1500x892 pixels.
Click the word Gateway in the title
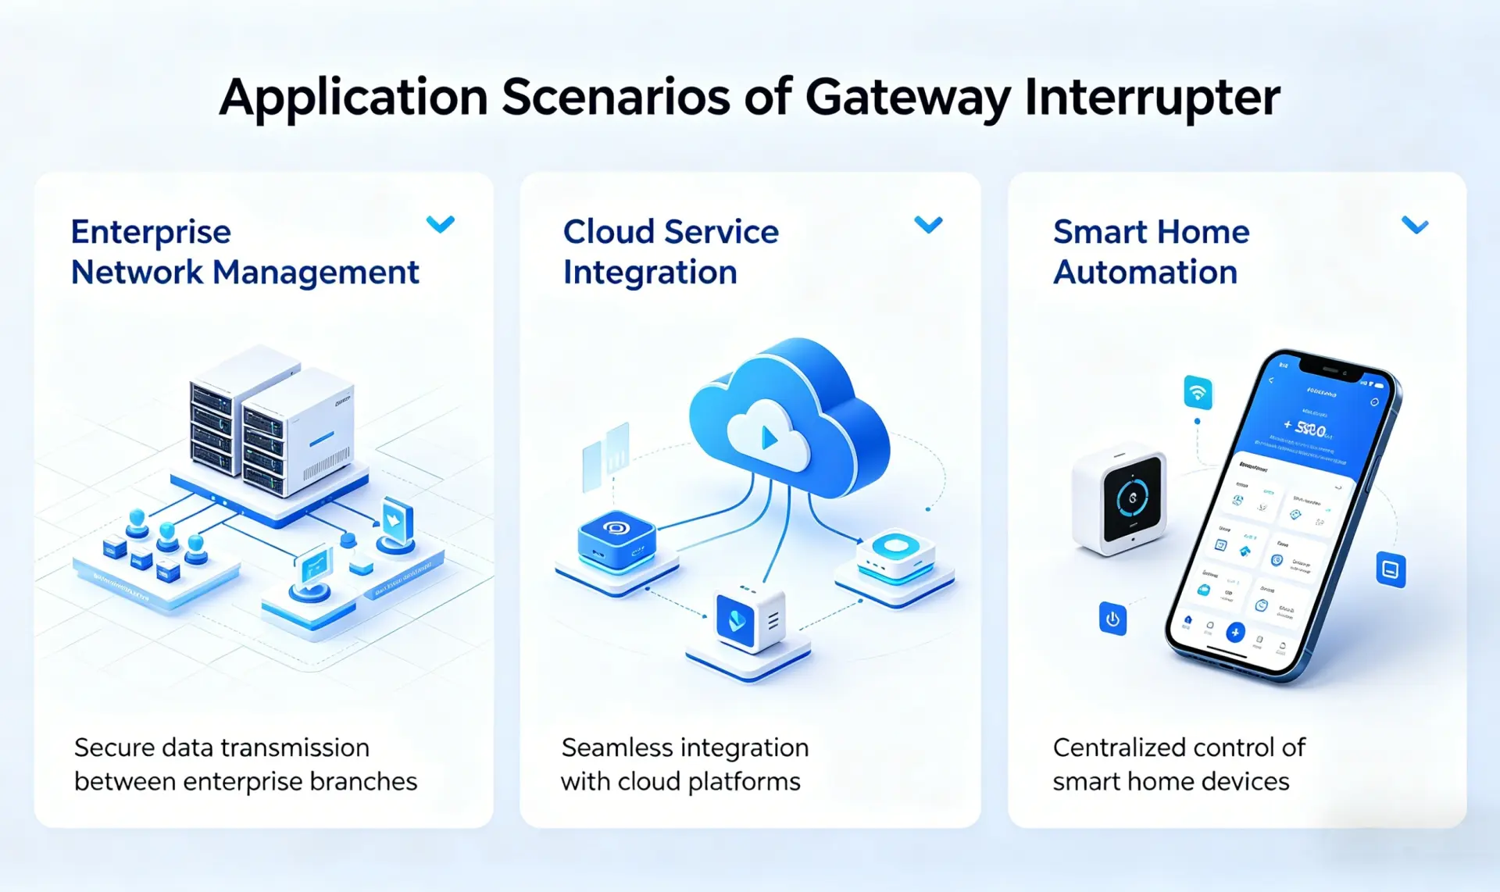(x=907, y=98)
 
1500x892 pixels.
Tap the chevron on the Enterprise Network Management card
(x=441, y=225)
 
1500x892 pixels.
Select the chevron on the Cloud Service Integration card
(x=928, y=225)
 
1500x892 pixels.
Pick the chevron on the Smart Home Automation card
(x=1415, y=226)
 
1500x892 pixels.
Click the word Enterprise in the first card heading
(x=151, y=232)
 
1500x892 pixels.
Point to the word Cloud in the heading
(x=609, y=232)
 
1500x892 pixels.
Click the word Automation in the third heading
(x=1145, y=273)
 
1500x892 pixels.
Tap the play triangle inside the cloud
(x=769, y=438)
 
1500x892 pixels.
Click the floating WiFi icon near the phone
(x=1198, y=392)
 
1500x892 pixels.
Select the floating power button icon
(x=1112, y=619)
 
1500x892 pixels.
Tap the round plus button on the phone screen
(x=1234, y=632)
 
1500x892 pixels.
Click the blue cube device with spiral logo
(x=616, y=537)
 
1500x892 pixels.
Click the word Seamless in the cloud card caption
(x=611, y=747)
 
